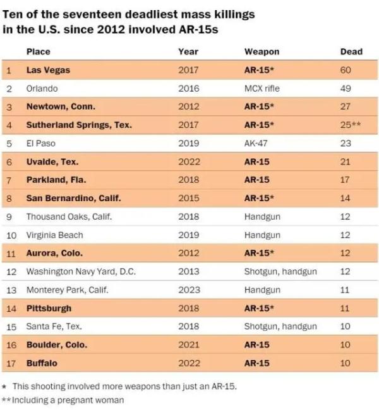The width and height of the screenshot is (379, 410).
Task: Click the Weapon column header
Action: tap(261, 52)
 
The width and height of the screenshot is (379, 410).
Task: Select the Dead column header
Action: tap(351, 52)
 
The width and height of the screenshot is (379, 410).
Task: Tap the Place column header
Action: tap(38, 52)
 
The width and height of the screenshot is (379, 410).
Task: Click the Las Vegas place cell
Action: tap(48, 70)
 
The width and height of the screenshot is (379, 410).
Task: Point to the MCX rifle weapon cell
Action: tap(262, 89)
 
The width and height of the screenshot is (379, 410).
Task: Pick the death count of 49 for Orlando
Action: tap(345, 89)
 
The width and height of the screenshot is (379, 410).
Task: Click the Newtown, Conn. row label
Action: tap(61, 107)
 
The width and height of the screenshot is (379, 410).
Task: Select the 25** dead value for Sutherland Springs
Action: tap(350, 125)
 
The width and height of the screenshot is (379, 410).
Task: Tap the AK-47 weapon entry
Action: tap(256, 144)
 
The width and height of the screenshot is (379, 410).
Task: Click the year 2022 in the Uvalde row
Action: tap(188, 162)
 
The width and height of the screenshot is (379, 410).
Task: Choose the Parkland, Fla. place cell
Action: tap(56, 180)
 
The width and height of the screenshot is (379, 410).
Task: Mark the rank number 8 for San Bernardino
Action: tap(9, 199)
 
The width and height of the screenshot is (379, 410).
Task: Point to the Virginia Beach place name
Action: tap(54, 235)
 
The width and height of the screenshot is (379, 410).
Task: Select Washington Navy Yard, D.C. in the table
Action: tap(80, 272)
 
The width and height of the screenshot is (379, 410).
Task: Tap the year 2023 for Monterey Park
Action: tap(188, 290)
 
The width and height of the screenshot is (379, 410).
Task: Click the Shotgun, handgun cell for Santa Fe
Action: tap(280, 327)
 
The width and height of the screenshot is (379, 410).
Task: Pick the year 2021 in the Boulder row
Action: tap(188, 345)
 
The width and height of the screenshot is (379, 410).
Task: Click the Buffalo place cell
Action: tap(42, 364)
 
